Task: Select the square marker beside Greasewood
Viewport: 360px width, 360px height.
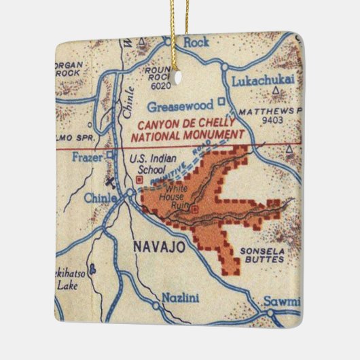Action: (x=221, y=103)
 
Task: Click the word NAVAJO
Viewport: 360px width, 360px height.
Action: (x=158, y=247)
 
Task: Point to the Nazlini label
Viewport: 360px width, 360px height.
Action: (x=179, y=298)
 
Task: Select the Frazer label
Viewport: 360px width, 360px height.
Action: (x=86, y=157)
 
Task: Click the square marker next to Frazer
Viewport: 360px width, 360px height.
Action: (x=109, y=156)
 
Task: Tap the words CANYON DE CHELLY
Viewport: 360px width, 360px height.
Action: (x=187, y=125)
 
